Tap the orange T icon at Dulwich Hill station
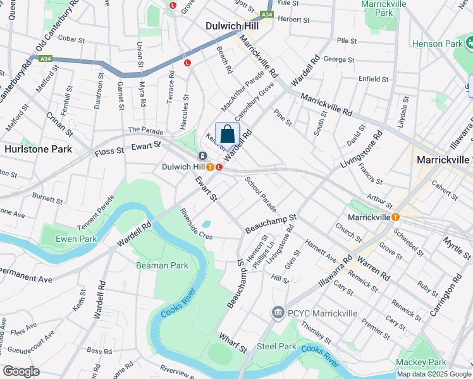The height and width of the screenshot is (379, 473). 209,167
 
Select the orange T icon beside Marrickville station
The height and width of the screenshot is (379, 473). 395,217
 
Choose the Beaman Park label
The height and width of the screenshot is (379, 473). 162,265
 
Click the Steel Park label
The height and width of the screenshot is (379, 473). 276,346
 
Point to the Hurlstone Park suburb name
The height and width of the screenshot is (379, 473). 37,149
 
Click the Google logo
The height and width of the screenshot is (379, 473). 21,371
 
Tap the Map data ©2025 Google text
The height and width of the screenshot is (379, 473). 434,374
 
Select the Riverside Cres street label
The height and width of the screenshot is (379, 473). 195,224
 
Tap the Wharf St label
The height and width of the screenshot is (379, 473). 233,344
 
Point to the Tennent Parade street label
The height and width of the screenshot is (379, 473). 96,212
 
